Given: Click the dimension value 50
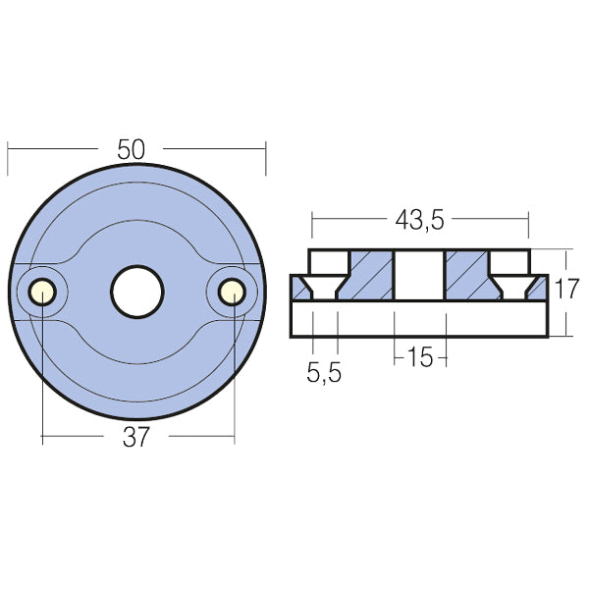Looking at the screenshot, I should [x=131, y=149].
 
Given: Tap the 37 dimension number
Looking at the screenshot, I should [x=136, y=437].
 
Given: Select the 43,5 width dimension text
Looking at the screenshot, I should [x=419, y=222].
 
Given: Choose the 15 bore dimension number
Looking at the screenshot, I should [x=419, y=358].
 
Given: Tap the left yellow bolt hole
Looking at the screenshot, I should [x=42, y=291].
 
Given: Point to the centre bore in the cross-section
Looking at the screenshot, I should [x=419, y=275].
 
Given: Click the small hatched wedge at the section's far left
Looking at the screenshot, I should [x=298, y=286].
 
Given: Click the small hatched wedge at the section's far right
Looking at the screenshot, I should [x=539, y=286].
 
